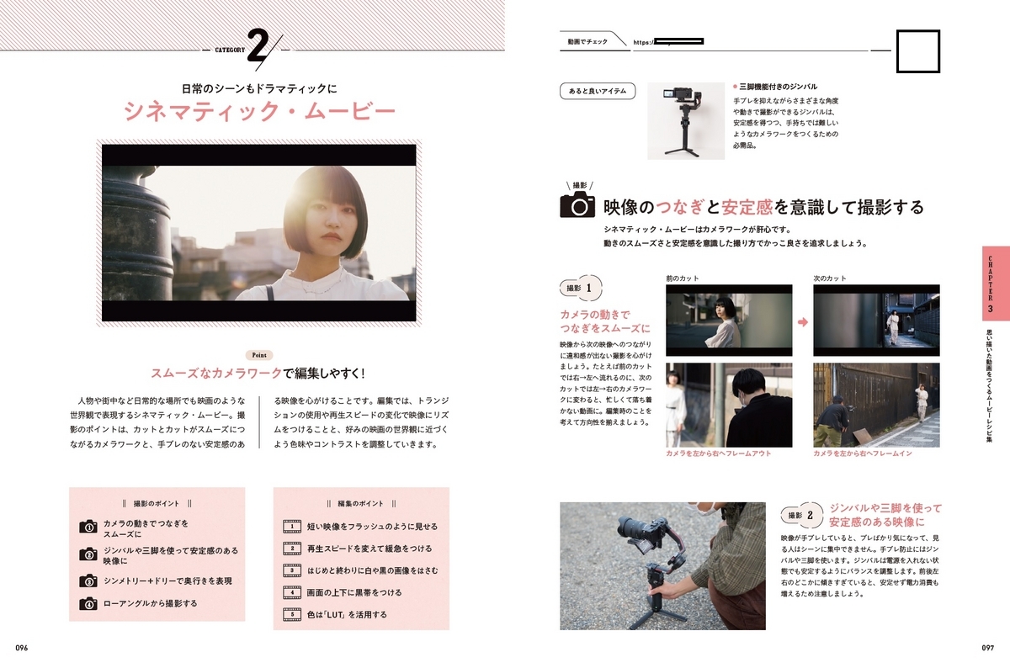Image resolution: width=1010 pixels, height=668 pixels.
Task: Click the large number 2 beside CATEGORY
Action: (258, 47)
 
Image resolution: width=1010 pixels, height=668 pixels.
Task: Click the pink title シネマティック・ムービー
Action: (260, 111)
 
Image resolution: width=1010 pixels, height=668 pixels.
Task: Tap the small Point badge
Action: (259, 355)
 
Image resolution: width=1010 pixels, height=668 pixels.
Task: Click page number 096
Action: (22, 648)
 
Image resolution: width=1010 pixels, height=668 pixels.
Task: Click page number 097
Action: (987, 648)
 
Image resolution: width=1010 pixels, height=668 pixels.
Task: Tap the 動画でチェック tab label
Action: (587, 42)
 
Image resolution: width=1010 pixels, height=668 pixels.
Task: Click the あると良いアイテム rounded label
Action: (598, 91)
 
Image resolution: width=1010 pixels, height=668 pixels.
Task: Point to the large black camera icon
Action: (577, 204)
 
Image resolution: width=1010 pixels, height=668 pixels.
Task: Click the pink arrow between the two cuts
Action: (803, 322)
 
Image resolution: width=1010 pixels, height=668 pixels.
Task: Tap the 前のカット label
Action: (683, 278)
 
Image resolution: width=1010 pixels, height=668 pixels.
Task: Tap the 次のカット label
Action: (830, 278)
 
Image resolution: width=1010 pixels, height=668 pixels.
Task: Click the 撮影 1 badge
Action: (582, 288)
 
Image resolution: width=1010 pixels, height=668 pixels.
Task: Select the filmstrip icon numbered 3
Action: (292, 570)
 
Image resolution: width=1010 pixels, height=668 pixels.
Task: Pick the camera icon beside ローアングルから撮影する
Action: (88, 603)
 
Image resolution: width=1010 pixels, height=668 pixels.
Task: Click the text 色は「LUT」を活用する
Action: (347, 614)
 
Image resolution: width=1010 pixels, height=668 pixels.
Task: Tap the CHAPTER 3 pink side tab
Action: (996, 283)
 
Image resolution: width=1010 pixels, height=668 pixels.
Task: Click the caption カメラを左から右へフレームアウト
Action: (718, 453)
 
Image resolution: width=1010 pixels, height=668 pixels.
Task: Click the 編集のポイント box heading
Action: (361, 503)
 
